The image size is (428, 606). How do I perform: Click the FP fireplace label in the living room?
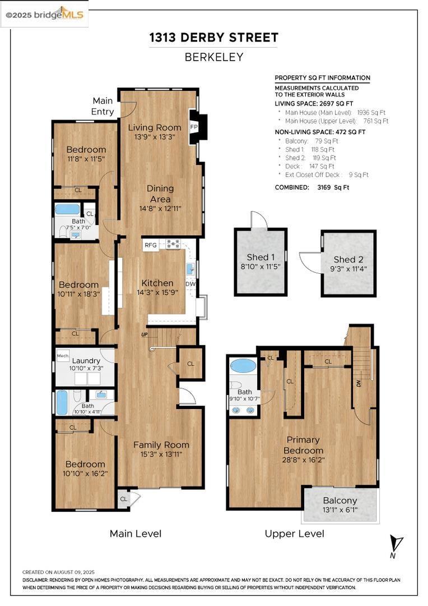pos(194,127)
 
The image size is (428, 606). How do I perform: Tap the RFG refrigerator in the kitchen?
pos(151,245)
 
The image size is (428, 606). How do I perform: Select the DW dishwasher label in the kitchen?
pos(190,284)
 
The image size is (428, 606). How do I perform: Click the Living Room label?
pos(155,127)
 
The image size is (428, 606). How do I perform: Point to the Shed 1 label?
pos(261,258)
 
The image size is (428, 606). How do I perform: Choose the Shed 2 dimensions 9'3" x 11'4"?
pos(348,269)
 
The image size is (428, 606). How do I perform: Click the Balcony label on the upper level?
pos(340,501)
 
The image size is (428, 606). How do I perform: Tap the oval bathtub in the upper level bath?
pos(243,366)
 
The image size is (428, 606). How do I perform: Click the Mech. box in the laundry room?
pos(63,356)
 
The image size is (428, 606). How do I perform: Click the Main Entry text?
pos(103,106)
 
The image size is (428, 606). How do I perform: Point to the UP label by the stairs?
pos(145,334)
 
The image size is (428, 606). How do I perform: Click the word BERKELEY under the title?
pos(214,57)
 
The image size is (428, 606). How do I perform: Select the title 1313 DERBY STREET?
pos(214,38)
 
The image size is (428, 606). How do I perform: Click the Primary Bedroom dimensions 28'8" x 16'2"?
pos(303,460)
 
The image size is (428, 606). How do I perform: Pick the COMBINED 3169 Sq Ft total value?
pos(333,187)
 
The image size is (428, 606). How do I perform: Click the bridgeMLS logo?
pos(44,15)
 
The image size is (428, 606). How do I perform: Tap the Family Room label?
pos(161,445)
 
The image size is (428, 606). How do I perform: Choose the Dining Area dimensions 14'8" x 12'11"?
pos(160,209)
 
